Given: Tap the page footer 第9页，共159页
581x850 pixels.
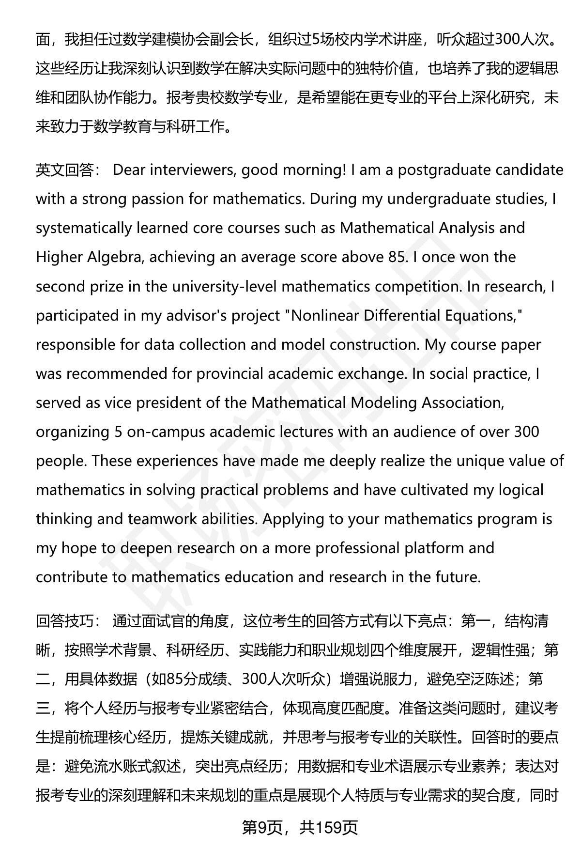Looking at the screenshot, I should (300, 828).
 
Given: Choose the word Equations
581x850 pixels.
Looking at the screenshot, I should (482, 316).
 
